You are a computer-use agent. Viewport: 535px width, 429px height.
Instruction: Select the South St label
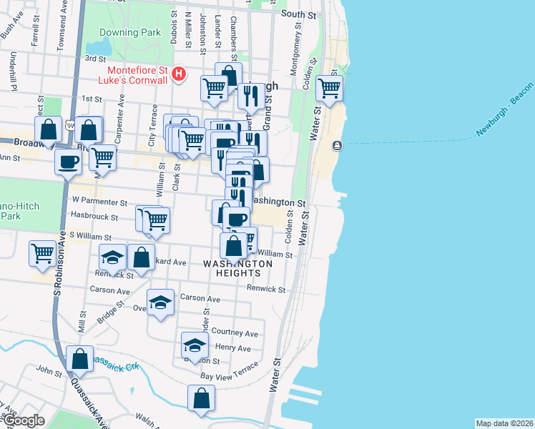coord(299,14)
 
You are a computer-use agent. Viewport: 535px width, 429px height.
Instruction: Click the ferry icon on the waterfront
coord(337,146)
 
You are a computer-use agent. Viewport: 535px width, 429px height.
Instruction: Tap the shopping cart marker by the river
coord(329,89)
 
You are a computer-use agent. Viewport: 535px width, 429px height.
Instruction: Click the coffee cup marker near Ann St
coord(69,162)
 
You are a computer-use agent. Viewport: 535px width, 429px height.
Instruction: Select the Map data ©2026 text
coord(504,423)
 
